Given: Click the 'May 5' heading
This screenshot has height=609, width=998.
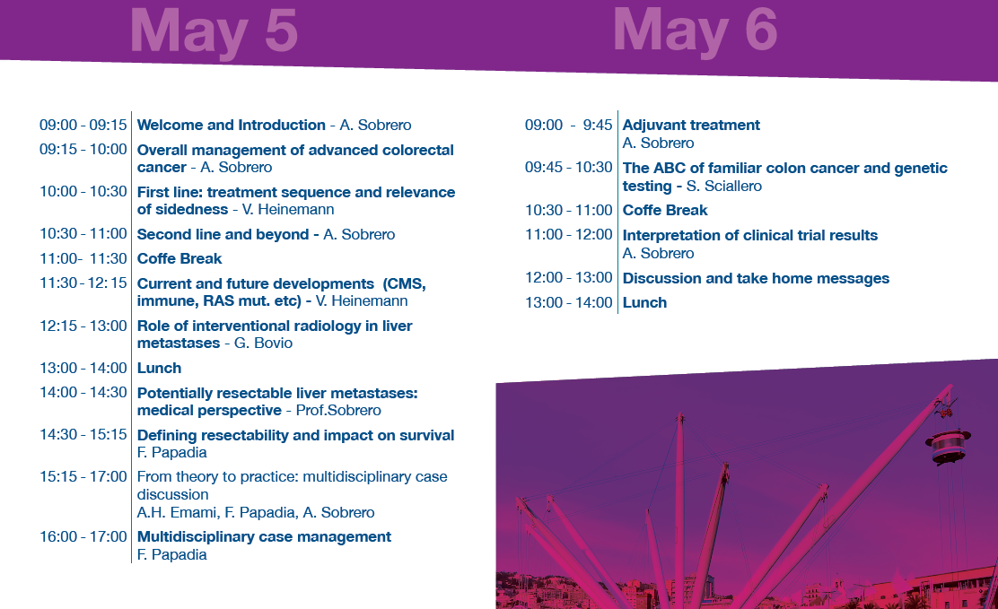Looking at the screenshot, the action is (x=214, y=31).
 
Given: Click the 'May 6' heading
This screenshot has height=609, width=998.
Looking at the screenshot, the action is (x=695, y=30).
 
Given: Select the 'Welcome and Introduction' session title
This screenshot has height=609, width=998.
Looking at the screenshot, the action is (x=231, y=125).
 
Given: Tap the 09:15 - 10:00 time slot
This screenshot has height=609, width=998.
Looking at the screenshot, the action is (x=83, y=150).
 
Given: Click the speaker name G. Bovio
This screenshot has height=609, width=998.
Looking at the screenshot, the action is (x=264, y=343).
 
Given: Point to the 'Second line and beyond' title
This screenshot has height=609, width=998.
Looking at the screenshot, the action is (x=223, y=234).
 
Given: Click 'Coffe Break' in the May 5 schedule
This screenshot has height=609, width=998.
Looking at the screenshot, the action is (x=179, y=258).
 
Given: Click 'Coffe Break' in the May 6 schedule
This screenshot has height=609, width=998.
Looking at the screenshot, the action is (x=665, y=210).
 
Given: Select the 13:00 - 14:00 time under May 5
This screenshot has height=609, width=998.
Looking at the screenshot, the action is (x=83, y=368).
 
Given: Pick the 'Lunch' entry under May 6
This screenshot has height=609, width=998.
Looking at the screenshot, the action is (x=644, y=302).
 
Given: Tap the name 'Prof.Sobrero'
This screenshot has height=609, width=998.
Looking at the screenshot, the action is (x=338, y=411).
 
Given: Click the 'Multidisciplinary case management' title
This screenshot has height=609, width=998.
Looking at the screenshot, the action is (x=264, y=536).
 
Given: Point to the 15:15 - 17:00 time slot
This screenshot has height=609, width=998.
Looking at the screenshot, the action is (x=83, y=476).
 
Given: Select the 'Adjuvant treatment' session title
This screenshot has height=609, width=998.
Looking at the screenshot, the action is (x=691, y=125).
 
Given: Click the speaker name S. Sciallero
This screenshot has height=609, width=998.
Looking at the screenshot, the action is (x=723, y=186).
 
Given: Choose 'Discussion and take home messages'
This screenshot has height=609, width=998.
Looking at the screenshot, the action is (x=757, y=278).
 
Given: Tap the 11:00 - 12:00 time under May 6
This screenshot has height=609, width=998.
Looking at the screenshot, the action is (x=568, y=235).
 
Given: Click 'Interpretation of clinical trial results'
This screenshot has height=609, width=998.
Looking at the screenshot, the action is (x=749, y=236).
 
